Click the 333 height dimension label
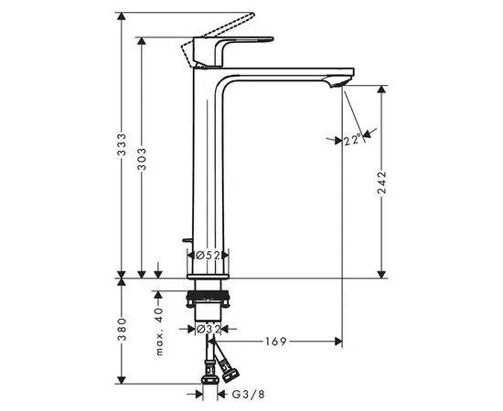click(122, 144)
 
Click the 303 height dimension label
click(142, 159)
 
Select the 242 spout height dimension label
click(381, 183)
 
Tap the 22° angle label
click(352, 140)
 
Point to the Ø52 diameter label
click(208, 256)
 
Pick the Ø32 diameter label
click(208, 329)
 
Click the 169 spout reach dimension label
click(275, 342)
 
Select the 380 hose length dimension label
click(122, 330)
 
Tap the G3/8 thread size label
click(248, 395)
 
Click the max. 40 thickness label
click(159, 332)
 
